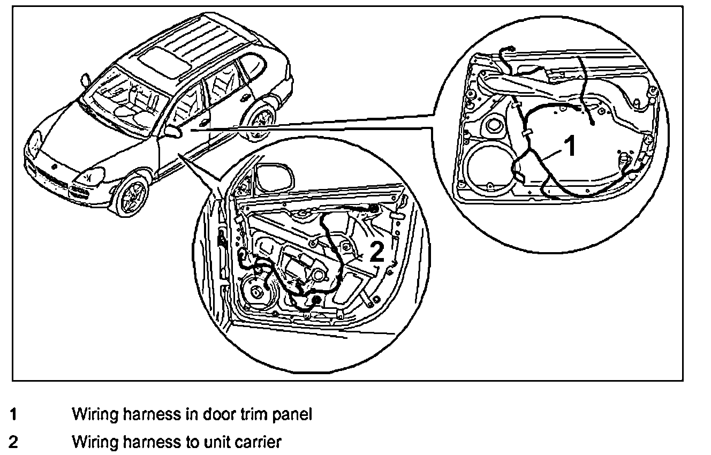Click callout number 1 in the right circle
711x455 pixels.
click(x=571, y=146)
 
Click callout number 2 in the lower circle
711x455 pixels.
click(x=377, y=252)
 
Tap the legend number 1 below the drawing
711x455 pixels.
click(x=14, y=414)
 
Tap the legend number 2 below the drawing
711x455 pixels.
click(x=14, y=442)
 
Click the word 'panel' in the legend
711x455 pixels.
click(x=293, y=414)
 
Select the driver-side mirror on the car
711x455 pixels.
click(x=173, y=131)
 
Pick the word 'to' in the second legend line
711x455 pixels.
click(x=194, y=443)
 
